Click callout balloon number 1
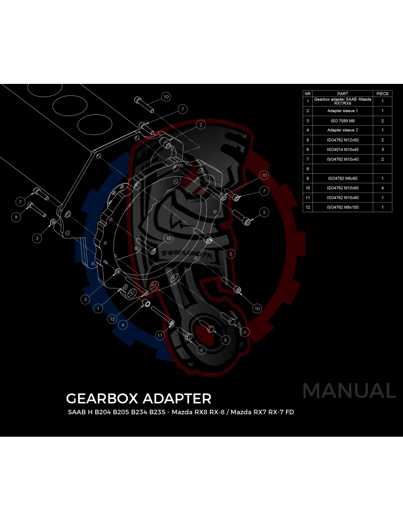pos(98,308)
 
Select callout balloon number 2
pos(201,125)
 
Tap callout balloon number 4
pos(123,325)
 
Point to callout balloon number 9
pos(16,217)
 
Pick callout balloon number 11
pos(160,335)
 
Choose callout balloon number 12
pos(112,319)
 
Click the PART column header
pos(343,94)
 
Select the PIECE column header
pos(382,94)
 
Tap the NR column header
pos(307,94)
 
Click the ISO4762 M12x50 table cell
pos(343,140)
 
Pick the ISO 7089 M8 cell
pos(343,121)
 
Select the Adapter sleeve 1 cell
pos(343,111)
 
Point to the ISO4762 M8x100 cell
pos(343,207)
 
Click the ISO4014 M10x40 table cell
pos(343,149)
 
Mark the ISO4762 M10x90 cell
pos(343,197)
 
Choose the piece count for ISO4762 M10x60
pos(382,188)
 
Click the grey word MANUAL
pos(349,391)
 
